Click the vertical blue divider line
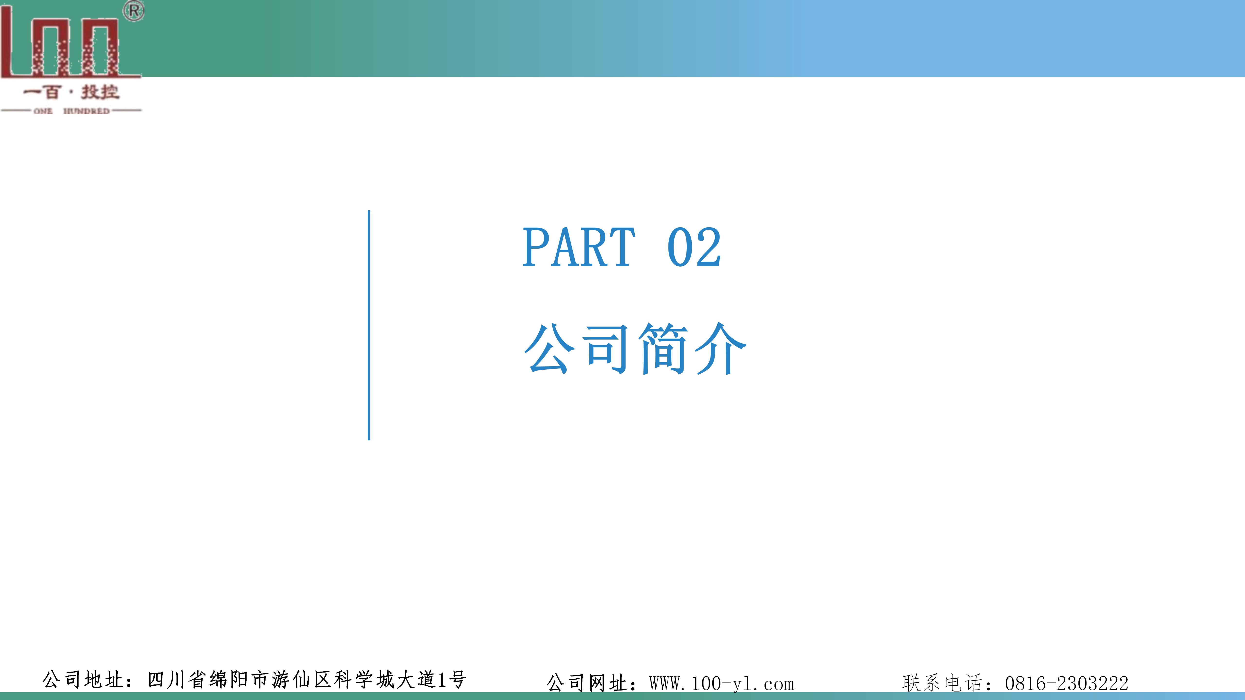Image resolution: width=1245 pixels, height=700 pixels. click(x=369, y=325)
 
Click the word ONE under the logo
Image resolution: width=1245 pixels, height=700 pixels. click(x=43, y=111)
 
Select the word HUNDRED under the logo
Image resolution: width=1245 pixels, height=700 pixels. click(x=87, y=111)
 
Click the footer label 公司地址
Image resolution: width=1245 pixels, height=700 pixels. click(x=83, y=680)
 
